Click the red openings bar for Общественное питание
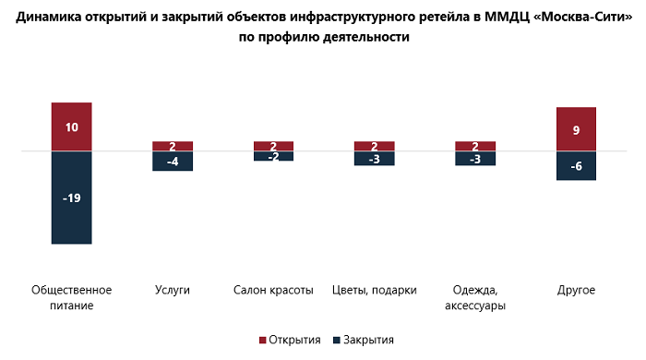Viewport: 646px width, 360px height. pos(71,126)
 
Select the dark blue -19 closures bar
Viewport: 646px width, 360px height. pos(71,197)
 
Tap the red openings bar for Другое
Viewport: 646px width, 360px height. pos(576,129)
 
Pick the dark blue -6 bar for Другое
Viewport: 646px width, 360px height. pos(576,165)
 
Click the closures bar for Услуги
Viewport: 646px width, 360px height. pos(173,161)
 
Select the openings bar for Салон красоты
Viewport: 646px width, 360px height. pos(273,146)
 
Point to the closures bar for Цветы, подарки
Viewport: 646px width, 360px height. pos(375,158)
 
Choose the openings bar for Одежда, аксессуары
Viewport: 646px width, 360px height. pos(475,146)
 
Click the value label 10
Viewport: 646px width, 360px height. pos(71,127)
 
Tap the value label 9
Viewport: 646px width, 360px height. pos(576,131)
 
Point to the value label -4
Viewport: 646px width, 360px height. pos(173,162)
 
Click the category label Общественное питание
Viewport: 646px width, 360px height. pos(71,297)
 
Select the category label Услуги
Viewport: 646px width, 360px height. pos(173,290)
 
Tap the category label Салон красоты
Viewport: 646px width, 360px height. pos(273,290)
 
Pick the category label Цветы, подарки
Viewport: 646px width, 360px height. pos(375,290)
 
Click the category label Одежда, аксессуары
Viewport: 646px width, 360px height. pos(475,297)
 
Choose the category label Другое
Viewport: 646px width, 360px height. pos(576,290)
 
